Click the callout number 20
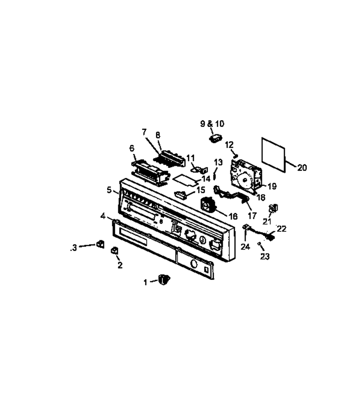302,168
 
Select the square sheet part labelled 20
274,155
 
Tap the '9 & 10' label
212,124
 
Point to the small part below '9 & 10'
216,138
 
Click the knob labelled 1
164,279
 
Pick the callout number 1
146,282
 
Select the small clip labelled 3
100,244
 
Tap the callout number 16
233,216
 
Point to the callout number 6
132,148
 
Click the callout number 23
265,256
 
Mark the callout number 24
245,247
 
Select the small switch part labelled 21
273,208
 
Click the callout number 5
109,190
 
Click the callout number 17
252,216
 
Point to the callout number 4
103,216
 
